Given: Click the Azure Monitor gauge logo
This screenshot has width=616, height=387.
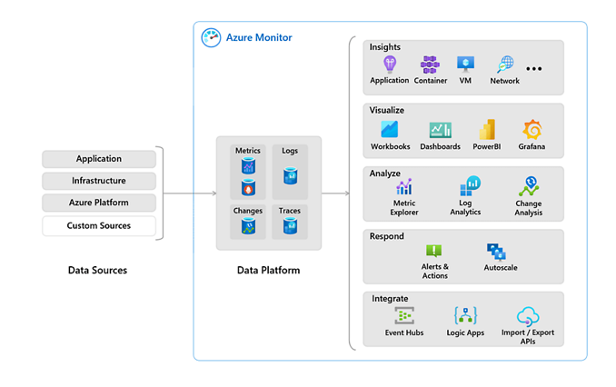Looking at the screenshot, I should point(212,37).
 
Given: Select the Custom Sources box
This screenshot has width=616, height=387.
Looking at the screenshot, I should point(99,225).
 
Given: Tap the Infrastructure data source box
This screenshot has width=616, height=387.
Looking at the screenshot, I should point(99,181).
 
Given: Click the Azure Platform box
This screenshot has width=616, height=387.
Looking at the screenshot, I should point(99,203).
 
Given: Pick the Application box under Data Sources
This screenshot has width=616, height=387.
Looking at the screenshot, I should point(99,159).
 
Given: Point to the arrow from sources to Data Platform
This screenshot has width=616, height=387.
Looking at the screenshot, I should point(190,193).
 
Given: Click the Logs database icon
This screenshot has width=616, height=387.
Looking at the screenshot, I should point(290,176).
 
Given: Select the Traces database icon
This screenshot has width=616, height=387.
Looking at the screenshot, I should point(290,226).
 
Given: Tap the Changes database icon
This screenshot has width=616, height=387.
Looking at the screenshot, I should point(248,226).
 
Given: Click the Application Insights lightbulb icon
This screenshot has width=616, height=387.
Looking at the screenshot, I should point(390,64).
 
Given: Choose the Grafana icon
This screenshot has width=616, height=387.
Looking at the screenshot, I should point(532,130).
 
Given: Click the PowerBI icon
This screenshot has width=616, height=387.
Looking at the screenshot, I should point(487,130).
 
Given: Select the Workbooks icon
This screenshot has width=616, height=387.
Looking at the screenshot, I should point(390,130).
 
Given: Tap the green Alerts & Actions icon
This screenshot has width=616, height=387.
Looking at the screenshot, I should point(434,251).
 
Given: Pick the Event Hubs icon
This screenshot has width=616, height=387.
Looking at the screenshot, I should point(404,316).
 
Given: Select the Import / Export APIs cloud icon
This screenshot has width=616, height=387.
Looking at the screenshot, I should point(529,316).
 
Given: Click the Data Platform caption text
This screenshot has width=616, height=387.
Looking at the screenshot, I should point(268,271).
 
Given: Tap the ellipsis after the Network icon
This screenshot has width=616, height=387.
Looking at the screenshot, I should point(534,69).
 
